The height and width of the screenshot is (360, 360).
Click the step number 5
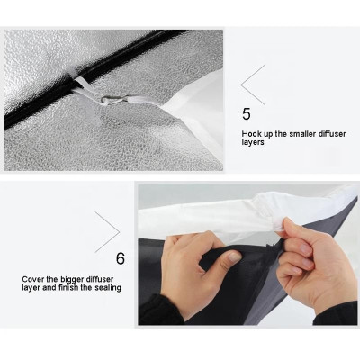246,114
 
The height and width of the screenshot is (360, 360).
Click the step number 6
121,258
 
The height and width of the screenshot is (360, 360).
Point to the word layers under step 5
253,142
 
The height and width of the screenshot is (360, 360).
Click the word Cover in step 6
32,280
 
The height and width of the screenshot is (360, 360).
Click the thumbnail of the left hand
234,257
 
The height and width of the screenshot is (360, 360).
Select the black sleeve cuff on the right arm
335,313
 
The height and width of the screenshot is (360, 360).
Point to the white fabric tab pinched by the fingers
277,223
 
